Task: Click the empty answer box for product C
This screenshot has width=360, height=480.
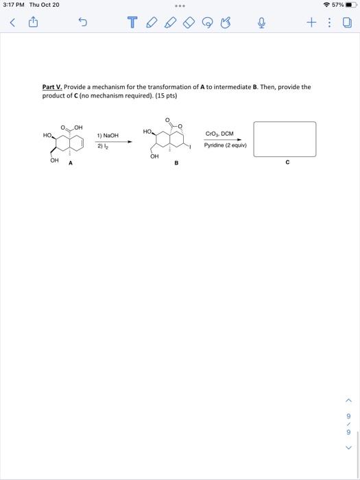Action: click(285, 139)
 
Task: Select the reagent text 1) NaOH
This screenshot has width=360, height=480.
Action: click(108, 136)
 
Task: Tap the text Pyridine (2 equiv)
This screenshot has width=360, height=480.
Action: click(225, 145)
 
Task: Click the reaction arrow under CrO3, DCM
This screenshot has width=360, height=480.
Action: click(224, 140)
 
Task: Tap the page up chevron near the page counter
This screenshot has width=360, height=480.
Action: click(348, 401)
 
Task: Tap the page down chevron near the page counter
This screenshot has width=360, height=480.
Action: click(348, 448)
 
